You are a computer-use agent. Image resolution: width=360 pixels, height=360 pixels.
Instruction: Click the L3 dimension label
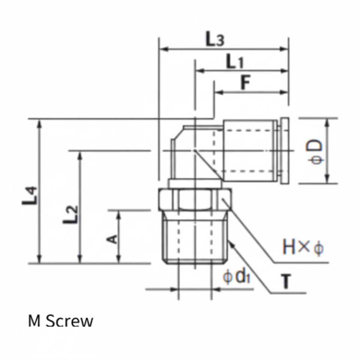pos(214,39)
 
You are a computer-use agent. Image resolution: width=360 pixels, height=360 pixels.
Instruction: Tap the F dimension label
pos(245,82)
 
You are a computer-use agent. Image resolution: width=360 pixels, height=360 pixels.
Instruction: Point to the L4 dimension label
pos(29,195)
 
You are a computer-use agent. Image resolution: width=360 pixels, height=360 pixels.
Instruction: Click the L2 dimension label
pos(70,214)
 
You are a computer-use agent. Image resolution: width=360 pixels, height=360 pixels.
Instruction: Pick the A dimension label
pos(112,239)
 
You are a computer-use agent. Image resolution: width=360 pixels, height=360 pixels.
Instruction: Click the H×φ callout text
pos(303,247)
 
